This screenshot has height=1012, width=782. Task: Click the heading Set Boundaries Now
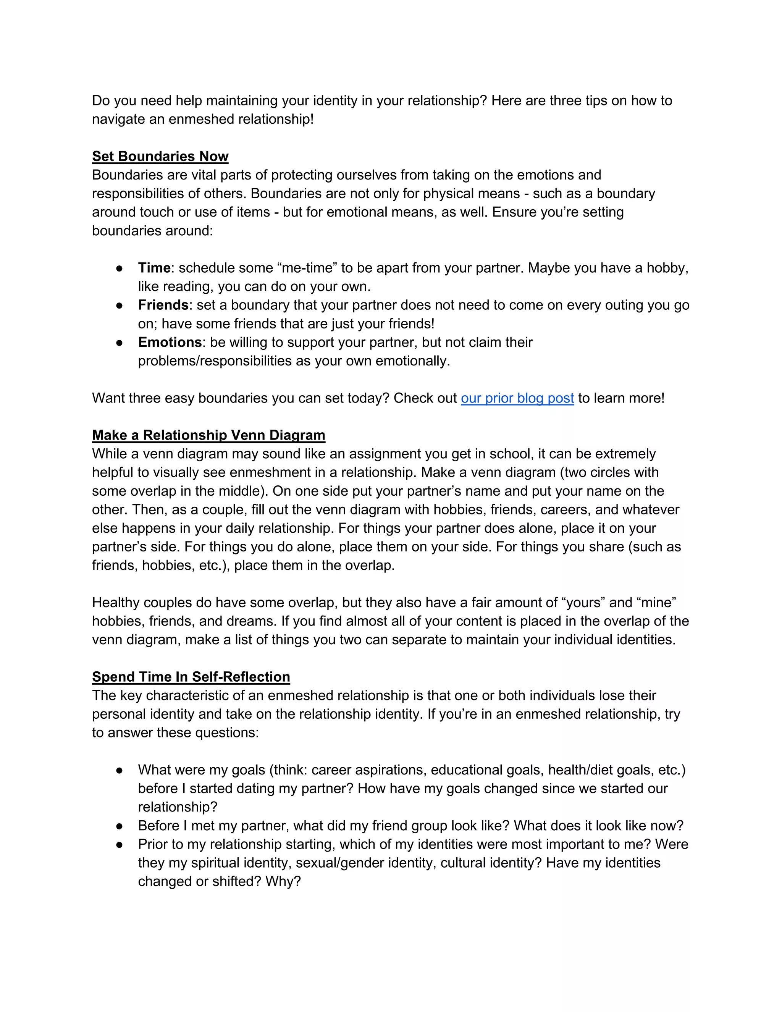tap(160, 156)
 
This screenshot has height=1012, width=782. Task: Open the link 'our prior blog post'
tap(517, 398)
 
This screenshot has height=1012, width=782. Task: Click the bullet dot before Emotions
tap(119, 343)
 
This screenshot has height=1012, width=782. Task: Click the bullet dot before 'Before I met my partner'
tap(119, 826)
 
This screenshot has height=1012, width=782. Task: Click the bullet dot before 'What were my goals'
tap(119, 770)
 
